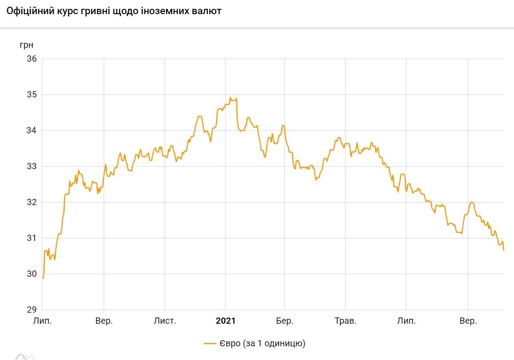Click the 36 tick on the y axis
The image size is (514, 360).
pos(31,58)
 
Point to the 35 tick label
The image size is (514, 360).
pos(31,94)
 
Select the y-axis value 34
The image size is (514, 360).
pos(31,130)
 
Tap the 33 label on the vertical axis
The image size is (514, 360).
pos(31,166)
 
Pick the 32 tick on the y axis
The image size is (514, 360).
pos(31,202)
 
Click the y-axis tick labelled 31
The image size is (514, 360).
pos(31,238)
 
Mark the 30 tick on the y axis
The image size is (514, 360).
pos(31,274)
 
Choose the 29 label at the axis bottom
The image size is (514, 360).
pos(31,310)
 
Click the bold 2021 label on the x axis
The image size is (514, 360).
pos(226,321)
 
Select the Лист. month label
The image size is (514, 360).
pos(165,321)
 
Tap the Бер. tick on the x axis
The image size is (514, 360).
pos(285,321)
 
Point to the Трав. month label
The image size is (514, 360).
pos(345,321)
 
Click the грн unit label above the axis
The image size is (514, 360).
pos(27,45)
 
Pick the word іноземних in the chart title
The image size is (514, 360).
pos(167,12)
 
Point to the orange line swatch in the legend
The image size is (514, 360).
pos(210,343)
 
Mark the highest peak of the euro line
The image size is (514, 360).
pos(230,97)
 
